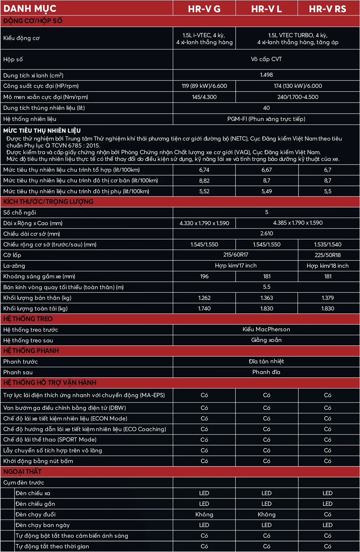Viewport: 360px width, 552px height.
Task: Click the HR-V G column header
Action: point(204,9)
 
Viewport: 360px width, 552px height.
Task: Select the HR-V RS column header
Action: point(328,9)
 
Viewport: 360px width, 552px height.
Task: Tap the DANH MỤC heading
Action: point(30,8)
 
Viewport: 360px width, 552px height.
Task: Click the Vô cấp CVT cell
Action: point(266,59)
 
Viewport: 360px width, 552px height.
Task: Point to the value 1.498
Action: point(266,75)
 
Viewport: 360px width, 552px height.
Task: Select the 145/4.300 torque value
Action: point(204,97)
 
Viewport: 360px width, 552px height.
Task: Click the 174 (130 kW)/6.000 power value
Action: point(298,86)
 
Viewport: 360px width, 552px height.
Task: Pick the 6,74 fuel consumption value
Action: point(204,170)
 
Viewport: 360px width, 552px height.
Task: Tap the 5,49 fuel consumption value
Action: point(267,191)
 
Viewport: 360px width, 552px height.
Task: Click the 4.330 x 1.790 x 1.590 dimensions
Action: point(204,223)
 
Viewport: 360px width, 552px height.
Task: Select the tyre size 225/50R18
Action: point(328,255)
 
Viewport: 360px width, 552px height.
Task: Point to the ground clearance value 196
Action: point(204,276)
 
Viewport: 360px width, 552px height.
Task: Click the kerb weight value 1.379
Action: point(328,298)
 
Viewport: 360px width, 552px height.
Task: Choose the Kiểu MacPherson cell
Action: point(266,329)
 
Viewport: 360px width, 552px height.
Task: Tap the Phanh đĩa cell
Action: point(266,372)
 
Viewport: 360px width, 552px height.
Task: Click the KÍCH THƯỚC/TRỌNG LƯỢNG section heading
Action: point(48,202)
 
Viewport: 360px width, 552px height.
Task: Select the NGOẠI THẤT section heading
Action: point(22,471)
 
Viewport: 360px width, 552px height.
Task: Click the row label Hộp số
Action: point(13,59)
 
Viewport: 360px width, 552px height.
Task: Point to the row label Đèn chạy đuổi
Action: point(35,515)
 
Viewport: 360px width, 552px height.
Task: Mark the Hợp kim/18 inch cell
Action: point(328,266)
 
